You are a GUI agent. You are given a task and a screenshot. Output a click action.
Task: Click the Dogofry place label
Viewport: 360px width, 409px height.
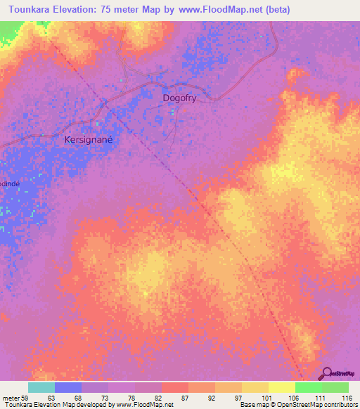(179, 99)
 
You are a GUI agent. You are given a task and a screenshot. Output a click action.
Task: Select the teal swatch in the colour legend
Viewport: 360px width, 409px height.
(41, 387)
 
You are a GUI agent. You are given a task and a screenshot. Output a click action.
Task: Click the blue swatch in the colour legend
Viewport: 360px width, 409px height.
(68, 387)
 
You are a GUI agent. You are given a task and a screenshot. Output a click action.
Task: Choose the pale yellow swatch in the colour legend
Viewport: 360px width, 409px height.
(281, 387)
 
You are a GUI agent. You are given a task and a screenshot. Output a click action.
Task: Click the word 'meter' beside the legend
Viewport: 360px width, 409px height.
(11, 398)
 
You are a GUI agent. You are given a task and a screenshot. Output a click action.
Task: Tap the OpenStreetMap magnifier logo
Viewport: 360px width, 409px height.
(328, 373)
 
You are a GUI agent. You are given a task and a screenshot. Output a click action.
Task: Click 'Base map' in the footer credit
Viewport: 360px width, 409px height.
(252, 405)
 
